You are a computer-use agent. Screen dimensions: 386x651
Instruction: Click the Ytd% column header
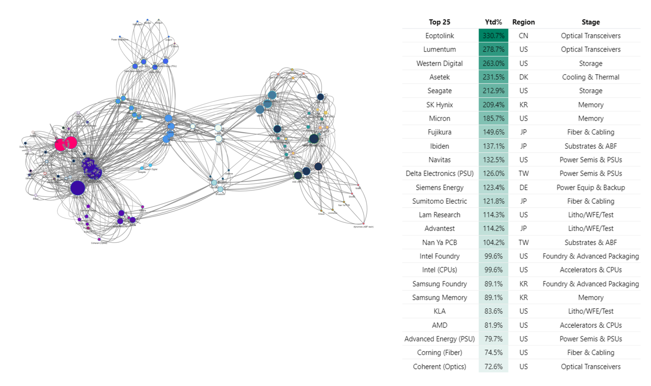pos(493,22)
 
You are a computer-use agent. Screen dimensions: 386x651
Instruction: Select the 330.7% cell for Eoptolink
pos(493,36)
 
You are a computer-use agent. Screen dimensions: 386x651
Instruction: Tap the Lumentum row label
pos(439,49)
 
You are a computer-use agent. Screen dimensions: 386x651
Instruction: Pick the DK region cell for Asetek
pos(523,77)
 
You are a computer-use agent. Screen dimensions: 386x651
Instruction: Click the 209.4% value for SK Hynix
pos(493,105)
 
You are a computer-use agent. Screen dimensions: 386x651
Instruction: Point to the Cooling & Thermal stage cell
pos(590,77)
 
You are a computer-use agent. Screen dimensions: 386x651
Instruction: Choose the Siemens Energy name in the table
pos(439,187)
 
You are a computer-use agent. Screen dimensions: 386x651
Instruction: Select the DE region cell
pos(523,187)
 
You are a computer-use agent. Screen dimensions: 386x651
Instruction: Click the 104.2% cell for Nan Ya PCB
pos(493,242)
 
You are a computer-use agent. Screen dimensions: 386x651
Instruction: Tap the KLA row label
pos(439,311)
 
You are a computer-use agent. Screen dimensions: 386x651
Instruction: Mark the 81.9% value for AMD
pos(493,325)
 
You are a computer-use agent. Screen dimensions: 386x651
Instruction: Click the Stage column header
pos(590,22)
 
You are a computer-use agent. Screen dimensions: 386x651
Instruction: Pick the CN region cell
pos(523,36)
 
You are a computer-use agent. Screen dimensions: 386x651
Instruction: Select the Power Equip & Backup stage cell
pos(590,187)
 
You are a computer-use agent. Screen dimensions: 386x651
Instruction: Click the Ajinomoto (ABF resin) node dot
pos(363,224)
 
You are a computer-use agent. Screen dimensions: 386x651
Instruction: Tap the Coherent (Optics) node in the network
pos(99,239)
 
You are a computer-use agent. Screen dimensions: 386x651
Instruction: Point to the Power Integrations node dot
pos(120,37)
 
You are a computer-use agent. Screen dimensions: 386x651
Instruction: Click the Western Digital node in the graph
pos(150,165)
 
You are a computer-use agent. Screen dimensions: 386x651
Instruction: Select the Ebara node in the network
pos(36,196)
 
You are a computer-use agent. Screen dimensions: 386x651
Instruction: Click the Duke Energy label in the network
pos(25,147)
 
